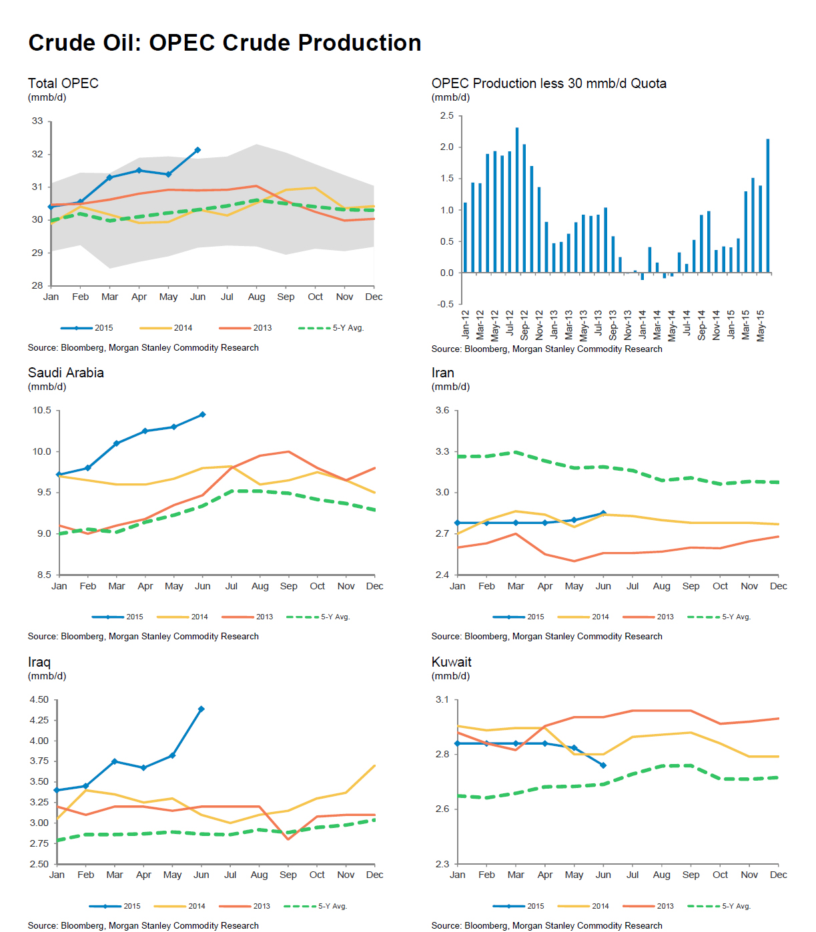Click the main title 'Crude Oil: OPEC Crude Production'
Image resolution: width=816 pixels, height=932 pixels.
click(225, 43)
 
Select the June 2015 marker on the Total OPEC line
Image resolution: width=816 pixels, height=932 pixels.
click(197, 150)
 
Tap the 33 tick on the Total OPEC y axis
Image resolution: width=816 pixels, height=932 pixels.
click(37, 121)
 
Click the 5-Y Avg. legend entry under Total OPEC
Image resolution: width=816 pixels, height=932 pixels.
click(331, 328)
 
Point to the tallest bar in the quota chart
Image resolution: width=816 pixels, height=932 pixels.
click(517, 200)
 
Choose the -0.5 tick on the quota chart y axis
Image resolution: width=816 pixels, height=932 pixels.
click(445, 304)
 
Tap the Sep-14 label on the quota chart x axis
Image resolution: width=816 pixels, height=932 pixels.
click(701, 325)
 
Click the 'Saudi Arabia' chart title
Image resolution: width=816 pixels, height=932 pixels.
click(66, 373)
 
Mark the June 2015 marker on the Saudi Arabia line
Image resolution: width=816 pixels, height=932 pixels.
click(203, 415)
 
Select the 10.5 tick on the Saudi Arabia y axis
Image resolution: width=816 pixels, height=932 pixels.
click(42, 411)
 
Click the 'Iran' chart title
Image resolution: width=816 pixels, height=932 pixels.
click(442, 373)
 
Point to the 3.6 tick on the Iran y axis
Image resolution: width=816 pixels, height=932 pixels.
click(442, 411)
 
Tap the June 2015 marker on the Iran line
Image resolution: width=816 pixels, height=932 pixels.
click(603, 513)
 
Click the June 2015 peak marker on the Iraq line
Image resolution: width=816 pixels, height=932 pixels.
click(201, 709)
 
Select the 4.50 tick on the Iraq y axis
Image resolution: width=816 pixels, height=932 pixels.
click(39, 700)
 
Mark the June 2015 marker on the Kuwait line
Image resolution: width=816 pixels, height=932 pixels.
click(603, 765)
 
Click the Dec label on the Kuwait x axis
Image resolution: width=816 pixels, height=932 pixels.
click(778, 875)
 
